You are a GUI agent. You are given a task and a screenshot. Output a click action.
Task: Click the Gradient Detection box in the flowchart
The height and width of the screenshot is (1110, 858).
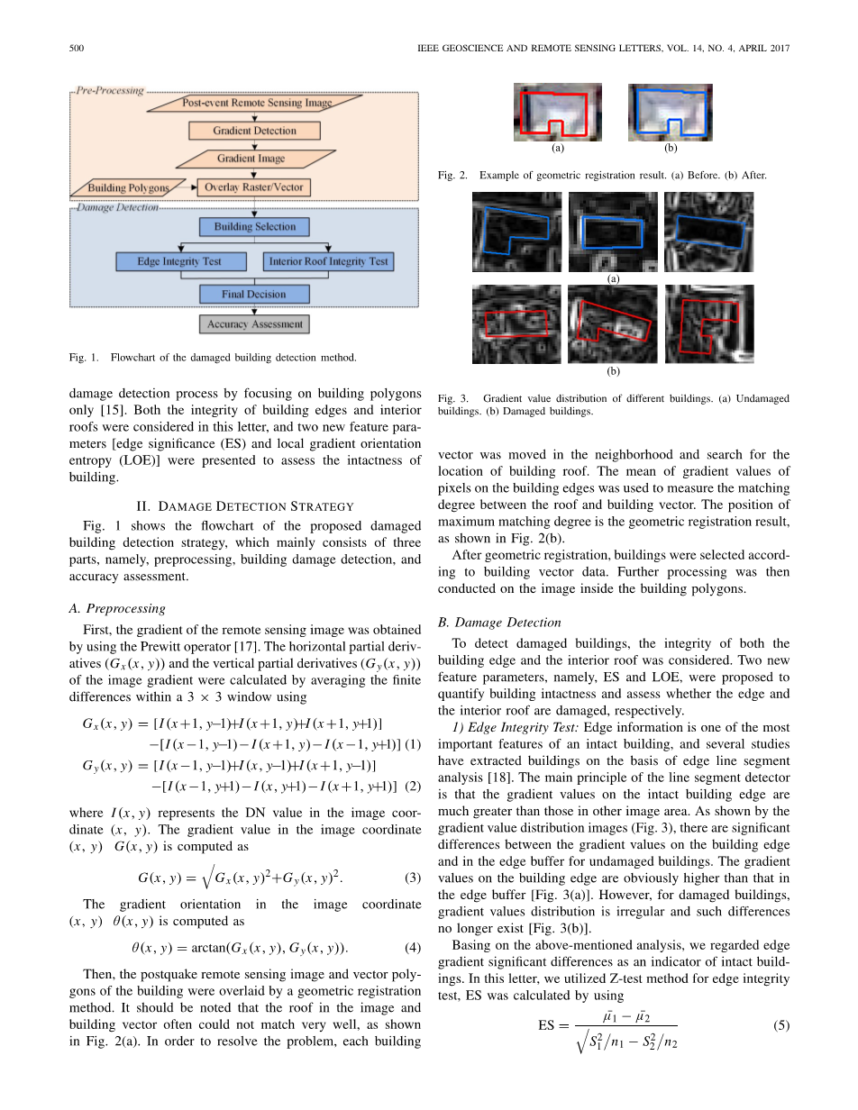(254, 131)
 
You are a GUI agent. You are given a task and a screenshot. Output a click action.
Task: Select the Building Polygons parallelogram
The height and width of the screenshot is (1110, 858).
(128, 188)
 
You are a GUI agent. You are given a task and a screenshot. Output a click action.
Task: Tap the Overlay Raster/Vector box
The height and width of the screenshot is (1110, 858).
(254, 187)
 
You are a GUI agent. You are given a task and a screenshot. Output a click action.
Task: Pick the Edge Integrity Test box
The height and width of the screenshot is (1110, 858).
(180, 261)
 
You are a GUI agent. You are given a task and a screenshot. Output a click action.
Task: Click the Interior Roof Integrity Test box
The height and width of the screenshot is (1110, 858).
(329, 261)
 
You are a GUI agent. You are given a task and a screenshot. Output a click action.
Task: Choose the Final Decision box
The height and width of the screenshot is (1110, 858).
(254, 294)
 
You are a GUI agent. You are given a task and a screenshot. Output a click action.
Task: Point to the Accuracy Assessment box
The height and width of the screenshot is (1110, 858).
(254, 323)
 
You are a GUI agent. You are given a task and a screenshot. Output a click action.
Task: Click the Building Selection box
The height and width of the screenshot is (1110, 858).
(254, 227)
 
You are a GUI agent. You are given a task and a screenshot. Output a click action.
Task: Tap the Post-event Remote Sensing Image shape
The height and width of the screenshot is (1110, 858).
(256, 103)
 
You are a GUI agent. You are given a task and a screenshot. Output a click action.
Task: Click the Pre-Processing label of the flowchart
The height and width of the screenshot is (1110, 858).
(109, 90)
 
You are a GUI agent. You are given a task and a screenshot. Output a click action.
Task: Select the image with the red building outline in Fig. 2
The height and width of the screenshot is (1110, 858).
(557, 112)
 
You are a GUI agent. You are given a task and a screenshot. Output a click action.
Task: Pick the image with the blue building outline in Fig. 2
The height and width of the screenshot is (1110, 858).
(670, 112)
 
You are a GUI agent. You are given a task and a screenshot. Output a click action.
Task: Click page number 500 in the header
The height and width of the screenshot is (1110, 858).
(77, 48)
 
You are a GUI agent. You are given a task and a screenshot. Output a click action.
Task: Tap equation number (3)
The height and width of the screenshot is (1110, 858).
(413, 878)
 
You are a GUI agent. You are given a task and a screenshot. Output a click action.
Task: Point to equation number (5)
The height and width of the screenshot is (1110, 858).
(781, 1025)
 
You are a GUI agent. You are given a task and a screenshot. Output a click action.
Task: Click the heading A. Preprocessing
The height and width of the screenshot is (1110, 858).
(117, 607)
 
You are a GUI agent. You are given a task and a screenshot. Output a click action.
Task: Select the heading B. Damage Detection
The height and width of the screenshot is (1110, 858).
(498, 622)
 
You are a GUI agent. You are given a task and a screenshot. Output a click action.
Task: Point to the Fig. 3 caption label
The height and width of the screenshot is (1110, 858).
(453, 398)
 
